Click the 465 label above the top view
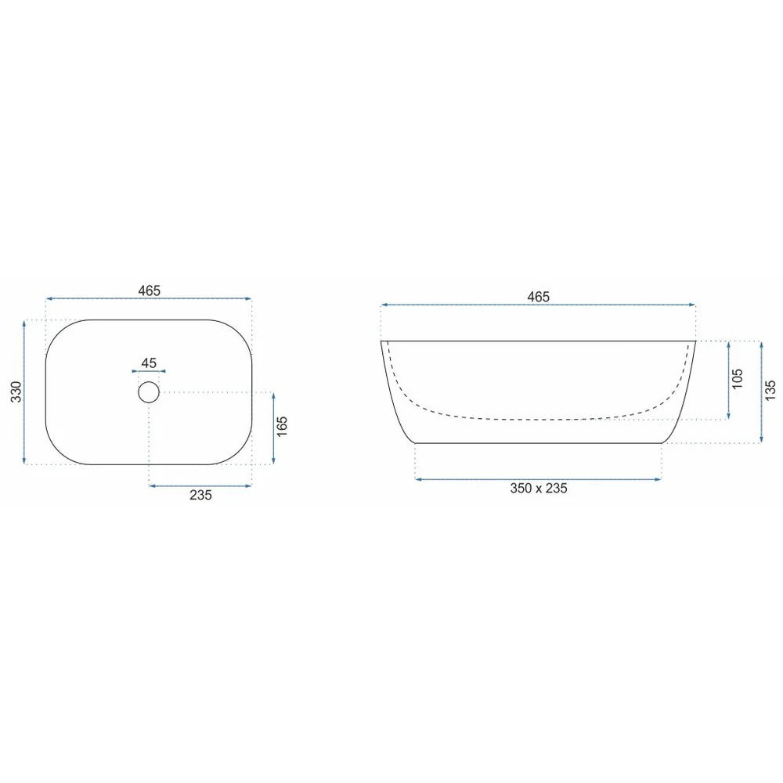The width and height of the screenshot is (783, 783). [x=150, y=290]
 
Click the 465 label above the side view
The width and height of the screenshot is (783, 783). [x=539, y=297]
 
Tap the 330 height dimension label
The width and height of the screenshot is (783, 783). [x=16, y=392]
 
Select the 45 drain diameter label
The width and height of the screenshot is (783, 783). [x=149, y=363]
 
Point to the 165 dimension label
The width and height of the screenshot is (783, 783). [x=282, y=427]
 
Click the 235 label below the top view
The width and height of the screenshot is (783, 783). [x=200, y=495]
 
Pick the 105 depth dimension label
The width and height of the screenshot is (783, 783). [x=737, y=379]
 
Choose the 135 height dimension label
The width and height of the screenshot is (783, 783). [x=770, y=391]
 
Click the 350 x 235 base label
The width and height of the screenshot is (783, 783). [x=539, y=488]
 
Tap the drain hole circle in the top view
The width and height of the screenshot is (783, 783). [x=149, y=382]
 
